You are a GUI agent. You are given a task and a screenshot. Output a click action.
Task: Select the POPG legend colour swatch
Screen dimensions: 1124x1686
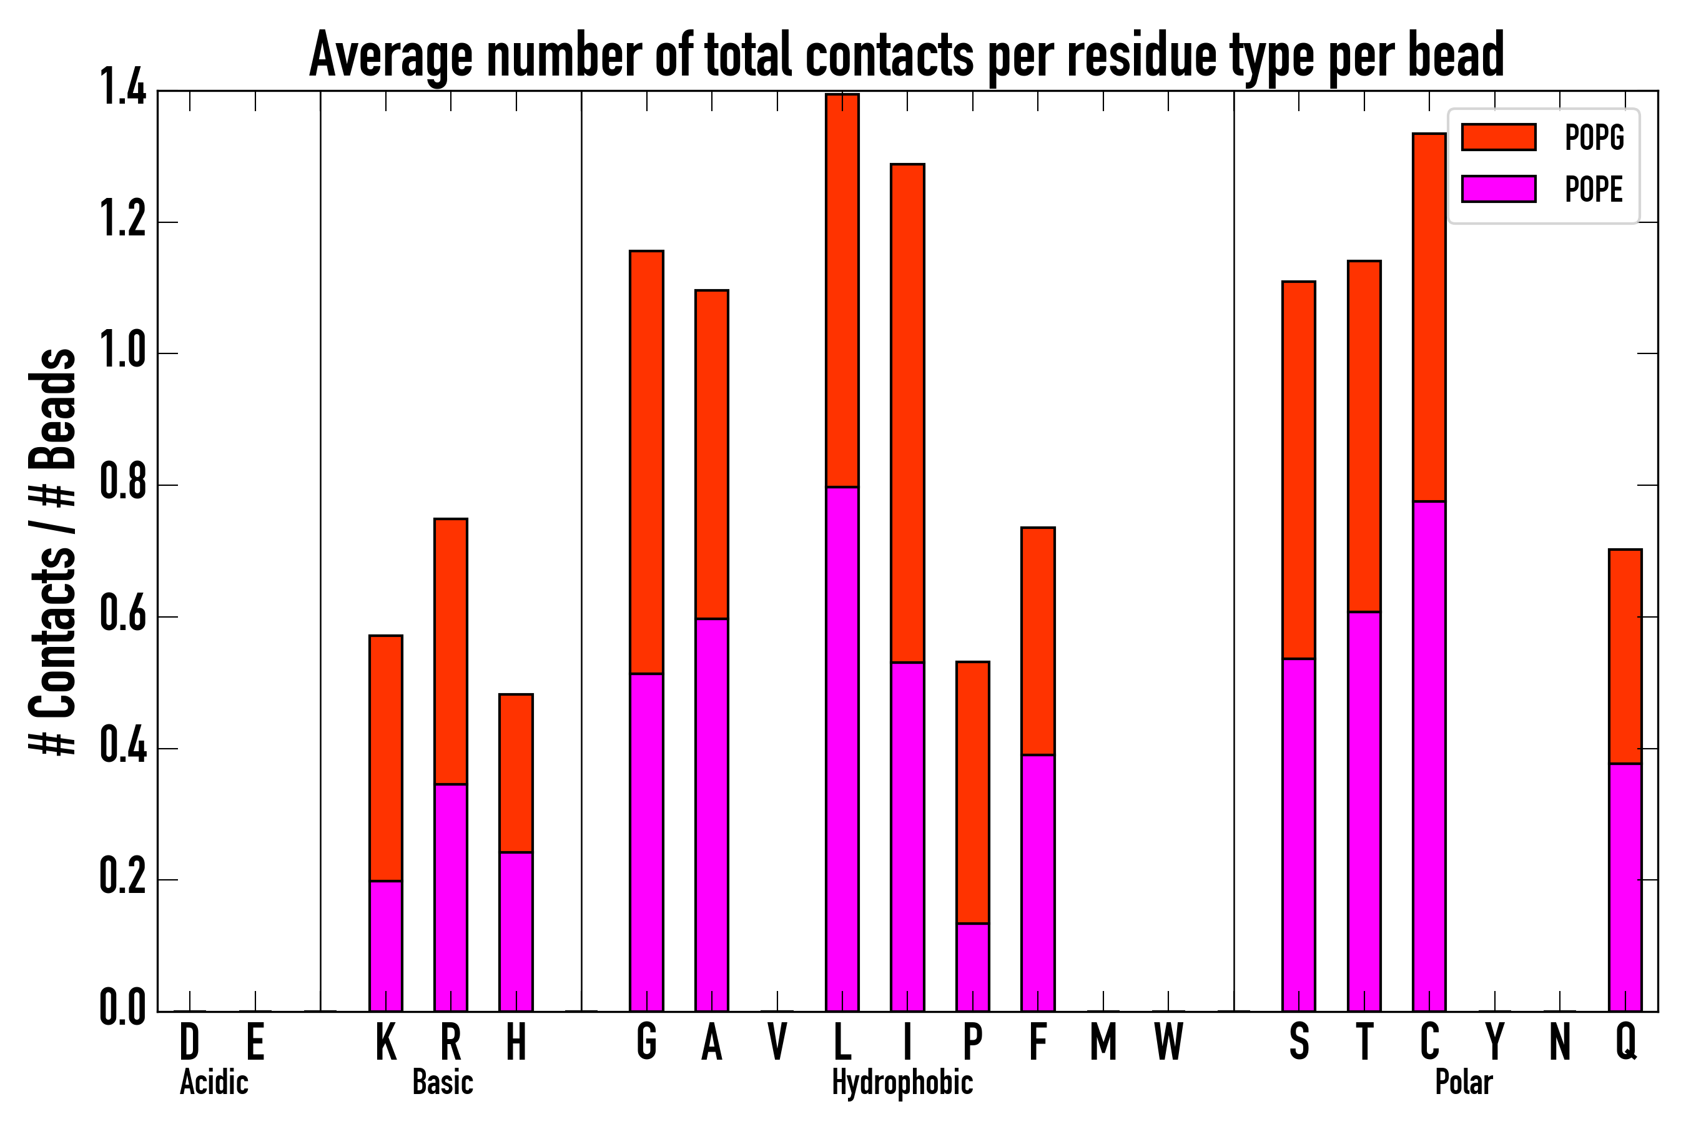click(1498, 137)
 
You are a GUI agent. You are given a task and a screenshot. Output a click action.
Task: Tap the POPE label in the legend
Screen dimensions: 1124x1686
click(1594, 189)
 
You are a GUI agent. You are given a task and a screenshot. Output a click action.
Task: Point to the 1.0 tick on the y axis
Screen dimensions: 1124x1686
click(122, 353)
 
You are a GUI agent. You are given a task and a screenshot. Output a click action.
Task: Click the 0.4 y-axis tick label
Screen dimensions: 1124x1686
click(122, 747)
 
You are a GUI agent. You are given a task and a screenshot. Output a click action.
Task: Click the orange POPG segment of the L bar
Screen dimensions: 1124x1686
click(842, 290)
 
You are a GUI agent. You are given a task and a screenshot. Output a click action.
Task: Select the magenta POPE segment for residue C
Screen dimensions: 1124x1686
click(1429, 756)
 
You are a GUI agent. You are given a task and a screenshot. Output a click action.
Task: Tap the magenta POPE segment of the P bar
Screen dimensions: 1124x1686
click(973, 967)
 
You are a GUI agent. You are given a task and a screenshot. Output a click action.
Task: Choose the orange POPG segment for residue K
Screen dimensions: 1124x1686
click(386, 757)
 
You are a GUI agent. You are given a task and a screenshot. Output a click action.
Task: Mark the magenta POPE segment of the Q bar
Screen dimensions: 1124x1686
click(1625, 887)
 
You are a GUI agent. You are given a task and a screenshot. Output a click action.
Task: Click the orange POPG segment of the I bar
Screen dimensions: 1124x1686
click(907, 413)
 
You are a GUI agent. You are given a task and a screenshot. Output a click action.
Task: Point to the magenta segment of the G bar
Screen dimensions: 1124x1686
click(646, 842)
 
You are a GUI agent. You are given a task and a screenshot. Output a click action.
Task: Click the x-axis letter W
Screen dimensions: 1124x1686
click(1168, 1042)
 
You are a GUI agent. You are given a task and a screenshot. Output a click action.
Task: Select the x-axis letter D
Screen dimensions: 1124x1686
click(189, 1042)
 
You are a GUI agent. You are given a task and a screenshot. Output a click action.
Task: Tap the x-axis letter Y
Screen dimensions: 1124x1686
click(1494, 1042)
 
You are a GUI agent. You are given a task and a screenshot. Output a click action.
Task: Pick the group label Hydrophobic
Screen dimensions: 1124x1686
click(902, 1082)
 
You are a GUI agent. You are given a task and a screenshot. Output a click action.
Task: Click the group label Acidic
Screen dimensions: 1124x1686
click(214, 1082)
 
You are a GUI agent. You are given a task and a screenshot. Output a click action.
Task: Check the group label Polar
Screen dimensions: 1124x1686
click(1464, 1082)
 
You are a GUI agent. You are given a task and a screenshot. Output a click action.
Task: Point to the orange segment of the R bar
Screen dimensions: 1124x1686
click(451, 651)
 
